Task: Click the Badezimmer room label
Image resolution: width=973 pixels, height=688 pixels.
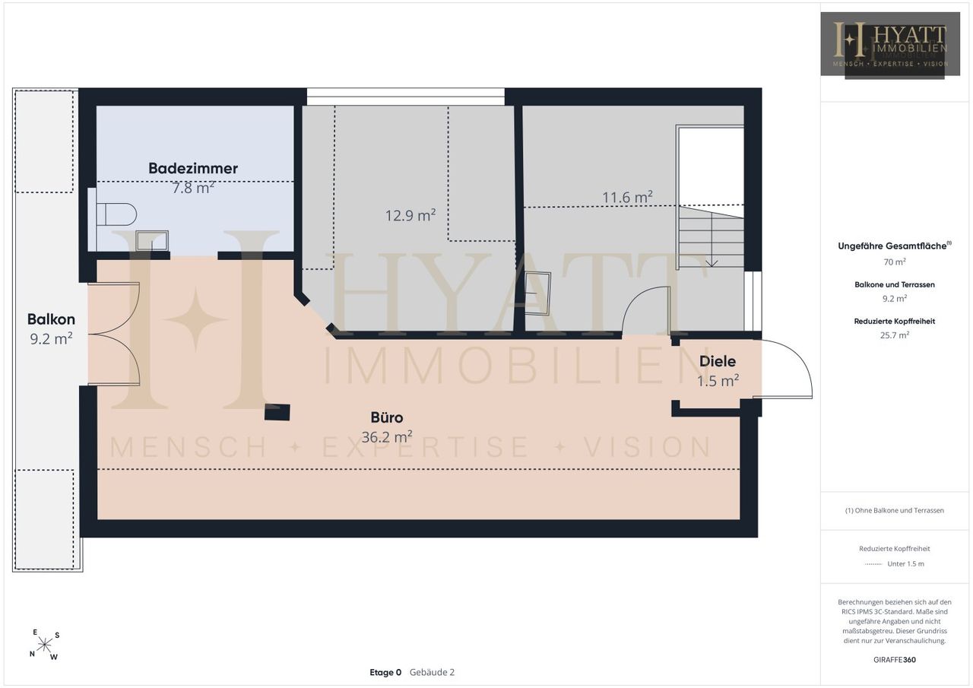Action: coord(193,169)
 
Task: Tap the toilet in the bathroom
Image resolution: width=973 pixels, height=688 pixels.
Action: coord(116,214)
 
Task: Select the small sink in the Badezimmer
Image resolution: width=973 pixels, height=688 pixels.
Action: coord(151,241)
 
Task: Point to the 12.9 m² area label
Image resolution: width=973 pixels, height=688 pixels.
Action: coord(410,215)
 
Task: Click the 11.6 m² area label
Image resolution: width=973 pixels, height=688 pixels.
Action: coord(627,197)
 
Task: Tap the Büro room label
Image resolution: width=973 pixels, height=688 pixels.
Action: coord(387,417)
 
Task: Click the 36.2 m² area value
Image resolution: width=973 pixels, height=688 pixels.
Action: coord(387,436)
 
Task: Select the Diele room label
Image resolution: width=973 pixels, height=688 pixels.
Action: coord(718,361)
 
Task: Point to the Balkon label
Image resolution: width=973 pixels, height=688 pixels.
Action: coord(51,319)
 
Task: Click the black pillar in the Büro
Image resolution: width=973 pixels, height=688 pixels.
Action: coord(277,412)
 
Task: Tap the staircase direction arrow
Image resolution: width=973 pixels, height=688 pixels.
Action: coord(712,239)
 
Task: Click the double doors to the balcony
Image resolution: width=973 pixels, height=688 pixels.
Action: coord(114,334)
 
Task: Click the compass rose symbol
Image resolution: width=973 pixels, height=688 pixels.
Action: coord(44,645)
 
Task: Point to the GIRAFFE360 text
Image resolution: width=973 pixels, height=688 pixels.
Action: coord(895,660)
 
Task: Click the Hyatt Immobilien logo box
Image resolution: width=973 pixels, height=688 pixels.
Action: coord(890,44)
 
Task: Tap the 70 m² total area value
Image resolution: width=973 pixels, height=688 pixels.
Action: coord(895,262)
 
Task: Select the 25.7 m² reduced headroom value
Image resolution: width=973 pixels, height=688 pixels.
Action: coord(895,335)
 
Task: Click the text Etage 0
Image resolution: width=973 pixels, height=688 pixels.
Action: coord(385,672)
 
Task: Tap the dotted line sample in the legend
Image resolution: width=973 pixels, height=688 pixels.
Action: coord(873,564)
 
